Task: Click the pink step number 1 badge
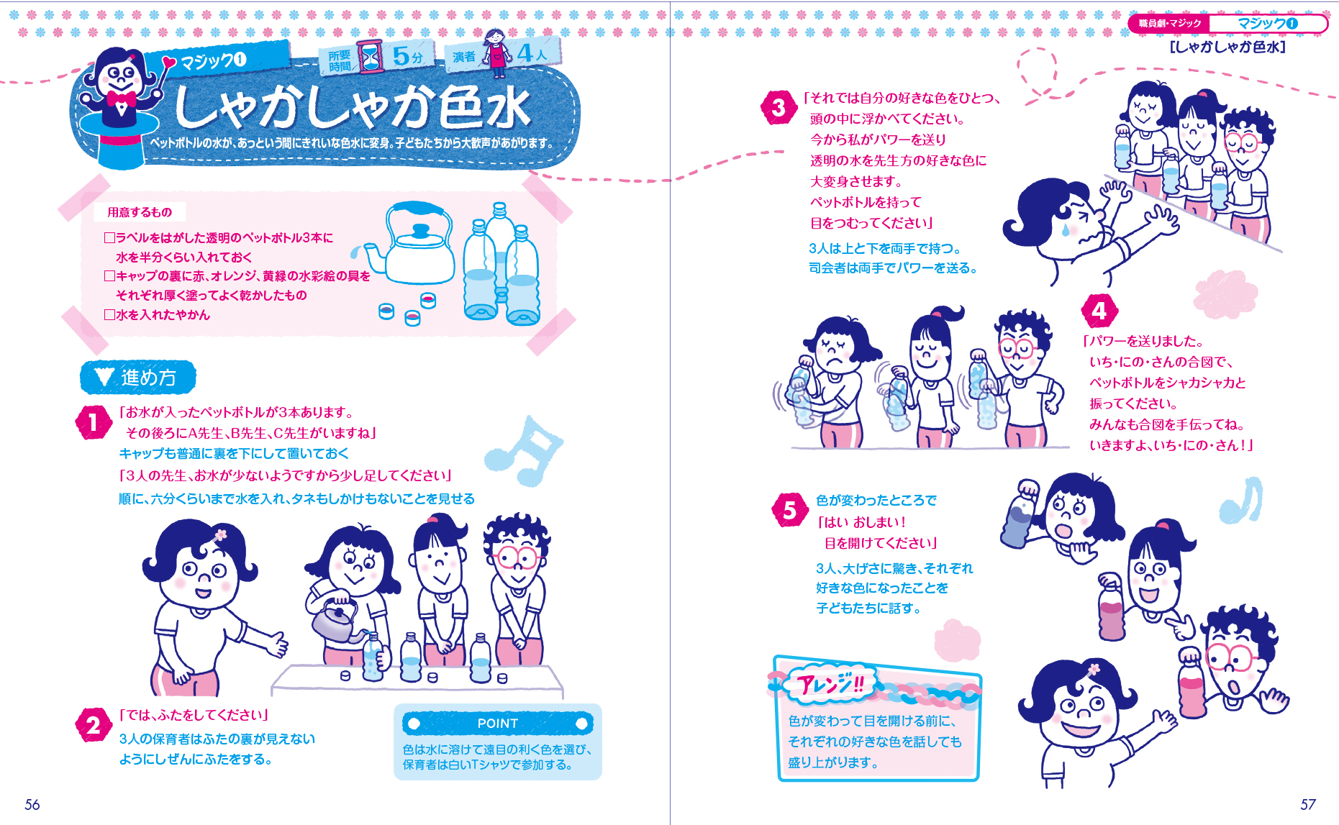93,422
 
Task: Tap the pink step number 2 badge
93,725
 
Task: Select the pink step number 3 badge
779,108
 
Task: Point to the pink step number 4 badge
1099,311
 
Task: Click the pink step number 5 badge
790,510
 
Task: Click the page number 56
32,804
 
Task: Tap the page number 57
1307,804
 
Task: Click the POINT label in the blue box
497,724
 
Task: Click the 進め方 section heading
138,378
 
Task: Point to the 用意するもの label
140,212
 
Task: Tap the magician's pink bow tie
121,99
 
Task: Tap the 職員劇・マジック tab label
1169,24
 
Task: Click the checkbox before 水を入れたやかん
109,315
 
